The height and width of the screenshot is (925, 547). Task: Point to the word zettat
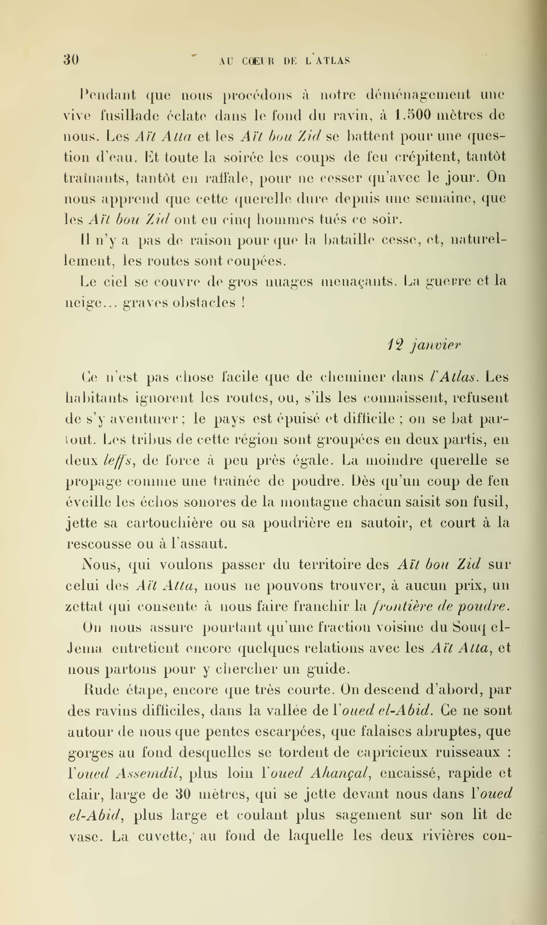pyautogui.click(x=84, y=606)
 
